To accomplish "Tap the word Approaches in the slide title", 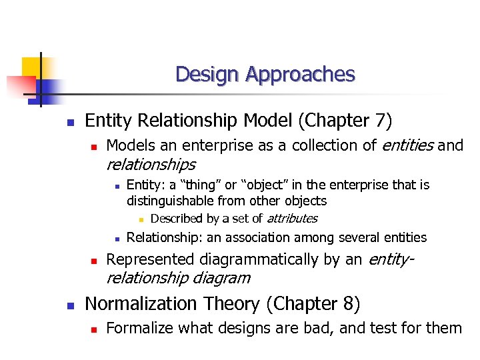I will [300, 74].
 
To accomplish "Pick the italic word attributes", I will [292, 219].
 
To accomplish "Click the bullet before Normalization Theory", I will [69, 306].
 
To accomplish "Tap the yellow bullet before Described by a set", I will [141, 219].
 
